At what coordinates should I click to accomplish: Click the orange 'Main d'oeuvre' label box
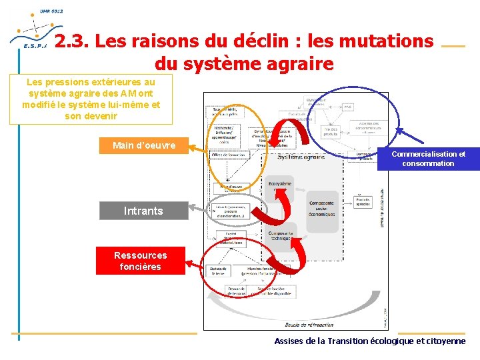click(x=144, y=145)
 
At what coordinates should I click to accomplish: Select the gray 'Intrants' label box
click(x=143, y=211)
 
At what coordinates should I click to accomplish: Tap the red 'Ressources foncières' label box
click(x=140, y=261)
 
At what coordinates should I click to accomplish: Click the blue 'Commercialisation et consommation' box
click(x=428, y=159)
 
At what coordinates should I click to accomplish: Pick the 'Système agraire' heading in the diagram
click(x=301, y=157)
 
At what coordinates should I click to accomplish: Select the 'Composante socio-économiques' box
click(x=323, y=208)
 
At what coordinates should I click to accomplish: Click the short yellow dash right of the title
click(x=453, y=46)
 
